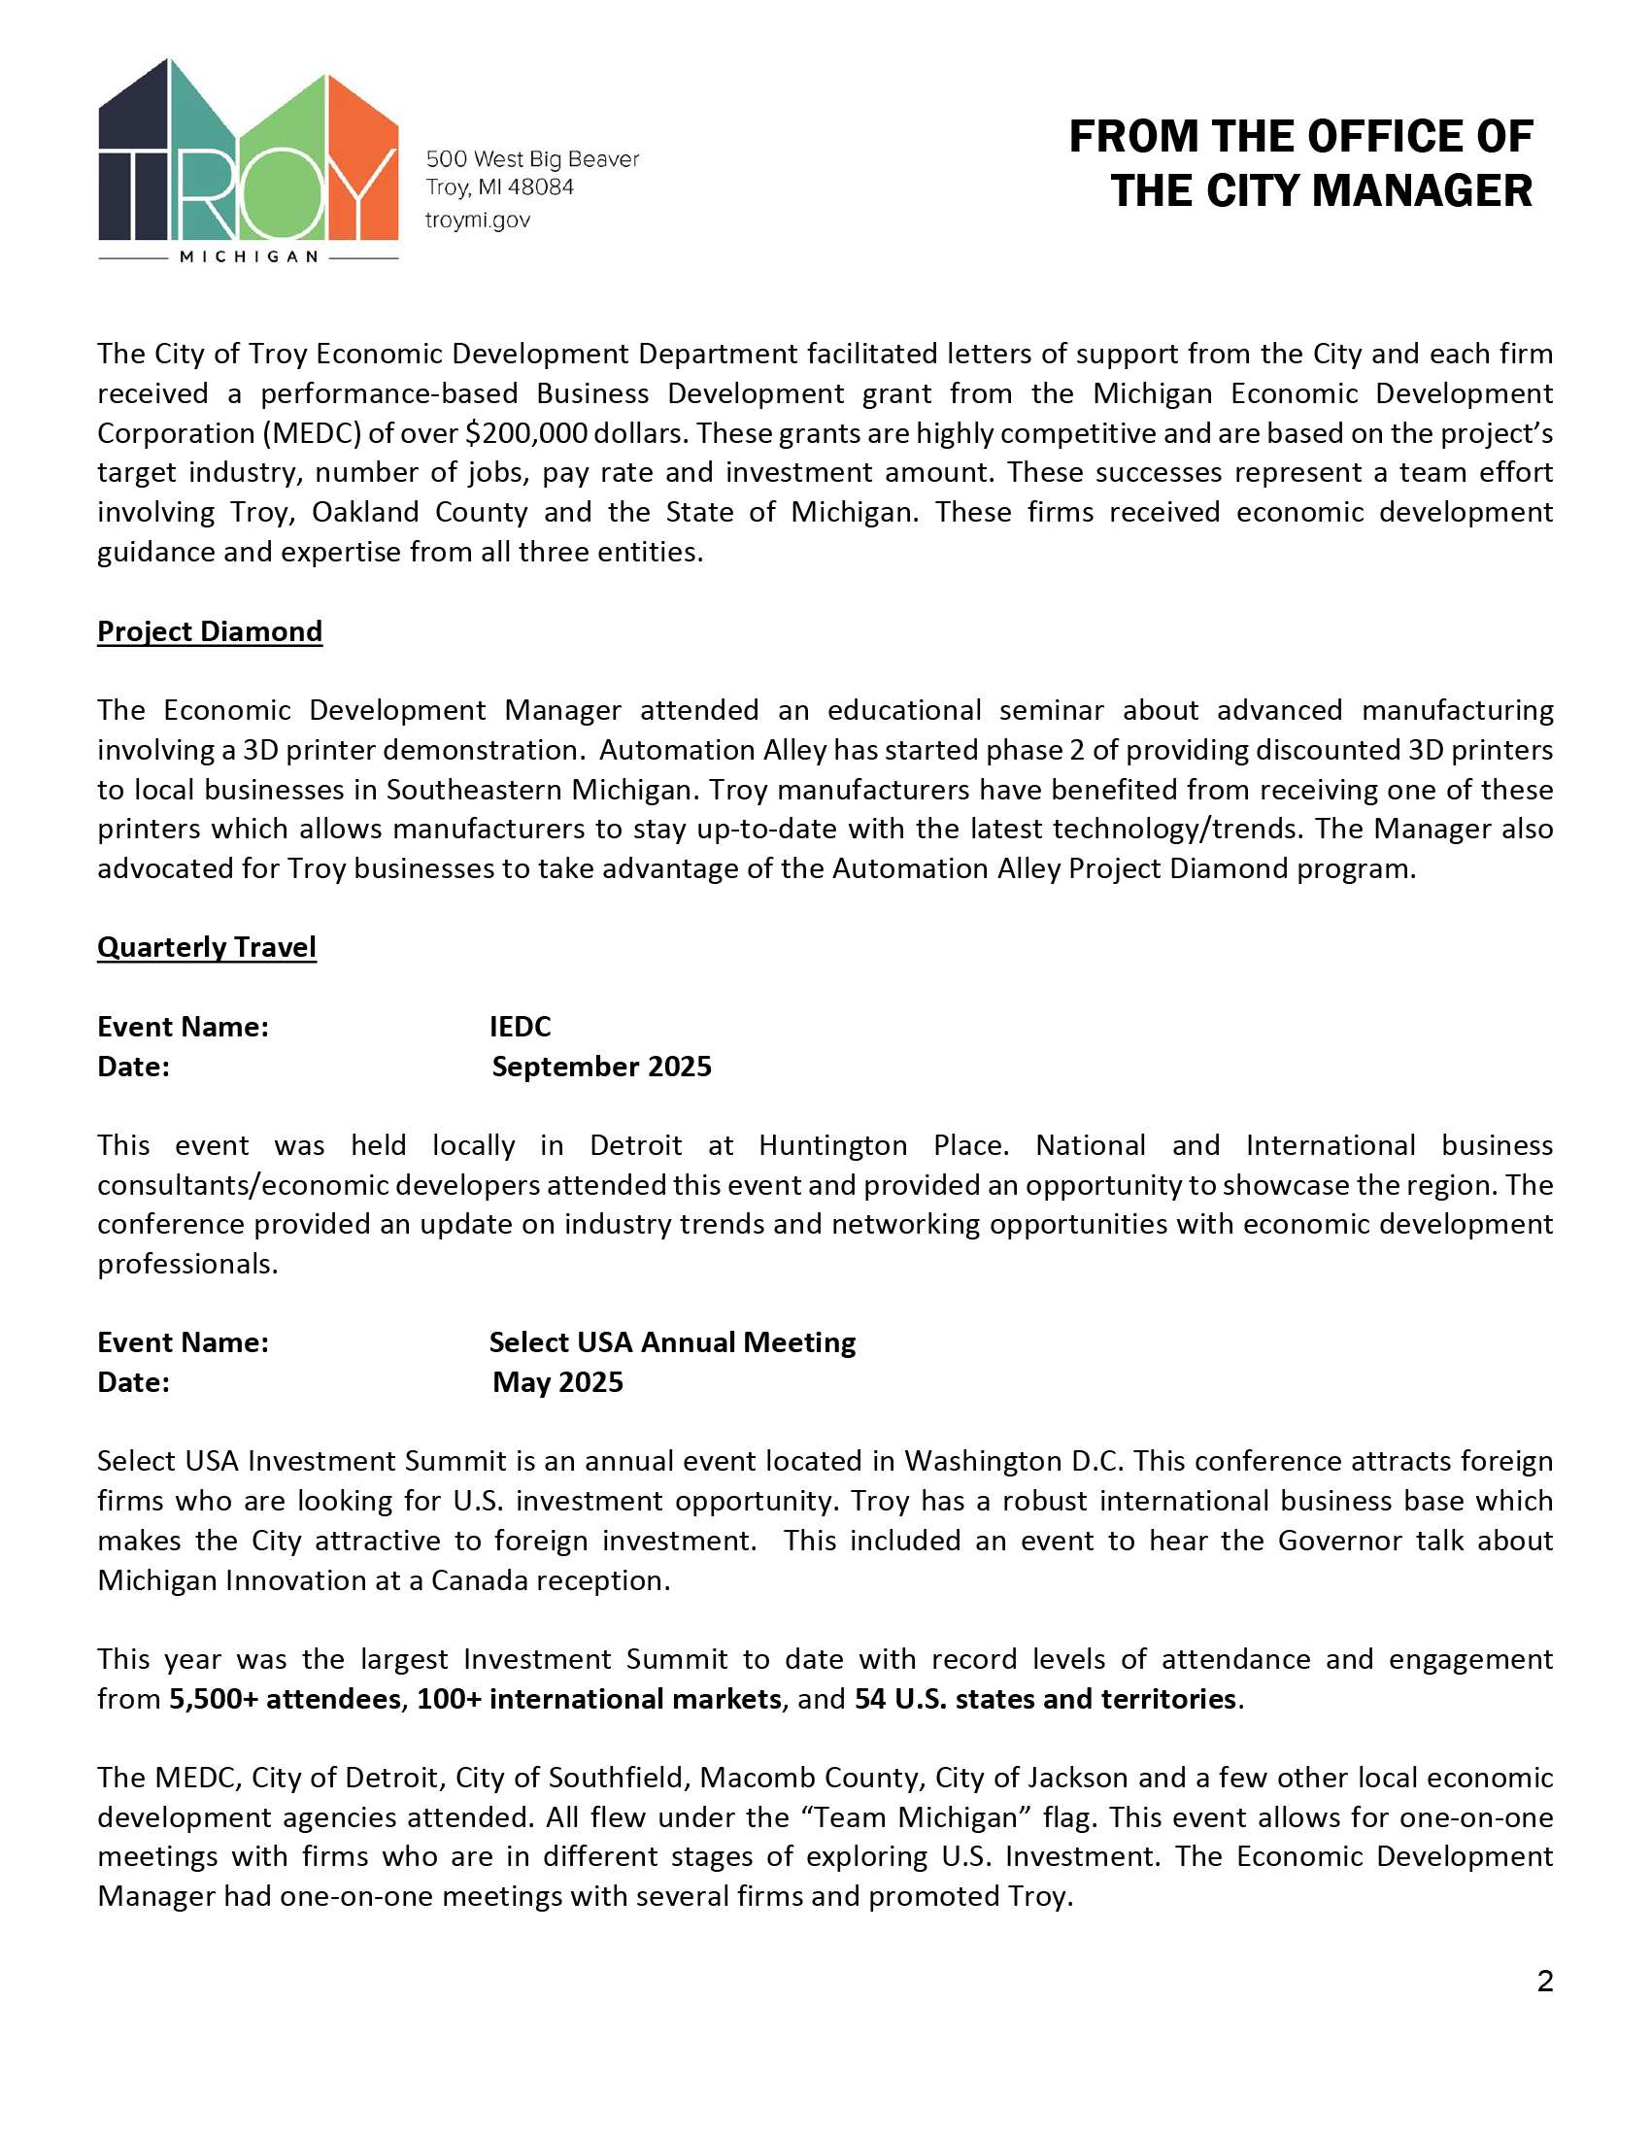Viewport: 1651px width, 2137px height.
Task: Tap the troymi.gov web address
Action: [x=477, y=220]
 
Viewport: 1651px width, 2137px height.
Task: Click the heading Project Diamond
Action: [x=210, y=631]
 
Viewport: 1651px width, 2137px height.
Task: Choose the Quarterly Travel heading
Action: [x=206, y=947]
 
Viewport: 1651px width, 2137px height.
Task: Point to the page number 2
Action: [x=1544, y=1982]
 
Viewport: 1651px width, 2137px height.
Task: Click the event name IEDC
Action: [x=520, y=1027]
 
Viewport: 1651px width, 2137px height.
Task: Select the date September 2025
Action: [x=600, y=1067]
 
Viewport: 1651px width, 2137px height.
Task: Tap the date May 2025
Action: [x=557, y=1381]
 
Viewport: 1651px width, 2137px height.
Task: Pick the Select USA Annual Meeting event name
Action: [x=672, y=1342]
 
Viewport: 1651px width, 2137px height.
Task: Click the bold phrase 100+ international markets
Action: [x=598, y=1699]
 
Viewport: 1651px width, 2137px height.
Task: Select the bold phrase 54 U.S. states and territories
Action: [x=1045, y=1699]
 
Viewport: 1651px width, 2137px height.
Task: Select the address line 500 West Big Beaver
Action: [x=532, y=158]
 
